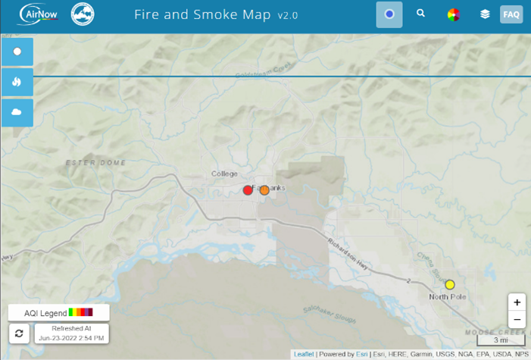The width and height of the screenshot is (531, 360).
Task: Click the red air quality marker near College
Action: pyautogui.click(x=248, y=190)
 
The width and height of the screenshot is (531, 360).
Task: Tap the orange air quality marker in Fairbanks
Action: pyautogui.click(x=264, y=190)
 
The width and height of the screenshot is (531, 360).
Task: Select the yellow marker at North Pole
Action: pyautogui.click(x=450, y=284)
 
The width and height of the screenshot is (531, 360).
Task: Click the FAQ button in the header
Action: pyautogui.click(x=511, y=14)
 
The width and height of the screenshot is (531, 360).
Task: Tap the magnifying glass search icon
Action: pyautogui.click(x=421, y=14)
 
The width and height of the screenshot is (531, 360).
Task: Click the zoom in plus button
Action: pyautogui.click(x=517, y=302)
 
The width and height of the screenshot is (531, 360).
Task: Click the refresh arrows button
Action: pyautogui.click(x=19, y=333)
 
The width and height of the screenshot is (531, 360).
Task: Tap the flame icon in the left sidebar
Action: pyautogui.click(x=17, y=81)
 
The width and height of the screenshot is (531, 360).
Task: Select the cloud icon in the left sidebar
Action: pyautogui.click(x=17, y=111)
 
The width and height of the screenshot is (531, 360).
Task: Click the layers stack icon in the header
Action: pyautogui.click(x=485, y=14)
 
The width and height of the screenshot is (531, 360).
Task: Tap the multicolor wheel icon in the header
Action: pyautogui.click(x=454, y=14)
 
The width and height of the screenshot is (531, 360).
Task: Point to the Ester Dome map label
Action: pyautogui.click(x=95, y=163)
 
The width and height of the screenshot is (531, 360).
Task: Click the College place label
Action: pyautogui.click(x=224, y=174)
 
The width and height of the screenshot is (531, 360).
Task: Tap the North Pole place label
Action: pyautogui.click(x=448, y=296)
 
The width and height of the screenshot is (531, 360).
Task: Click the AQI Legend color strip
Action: pyautogui.click(x=81, y=312)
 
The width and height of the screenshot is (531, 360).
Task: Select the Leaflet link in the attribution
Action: pyautogui.click(x=304, y=354)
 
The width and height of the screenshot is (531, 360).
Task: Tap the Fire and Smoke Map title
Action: pyautogui.click(x=202, y=14)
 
